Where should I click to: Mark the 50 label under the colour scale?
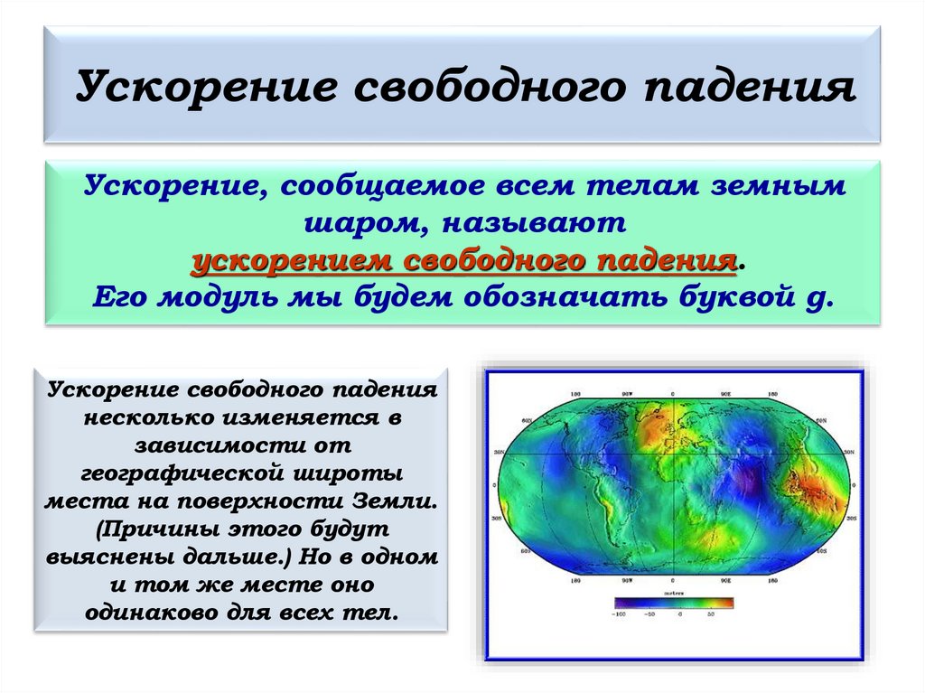[711, 615]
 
